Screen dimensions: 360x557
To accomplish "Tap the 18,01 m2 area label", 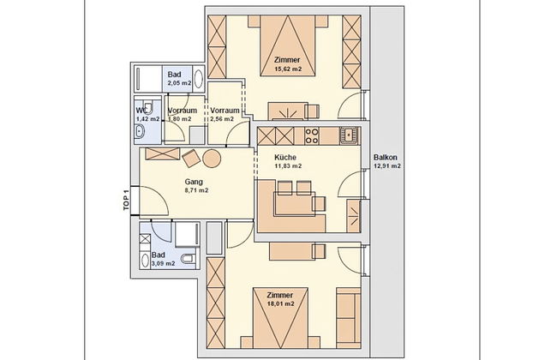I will [x=279, y=303].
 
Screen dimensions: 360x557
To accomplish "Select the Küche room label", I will [x=285, y=158].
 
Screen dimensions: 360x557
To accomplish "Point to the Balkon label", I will [x=385, y=157].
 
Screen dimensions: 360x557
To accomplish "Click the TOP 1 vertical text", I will [x=125, y=200].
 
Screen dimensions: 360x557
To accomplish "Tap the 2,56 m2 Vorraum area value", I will [x=225, y=120].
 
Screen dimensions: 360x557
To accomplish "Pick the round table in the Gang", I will [x=211, y=159].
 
